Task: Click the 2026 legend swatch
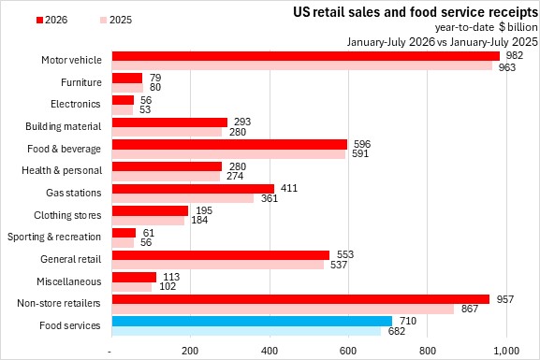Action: pos(39,20)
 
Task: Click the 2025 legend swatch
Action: pos(104,20)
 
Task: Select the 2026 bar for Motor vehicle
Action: pos(306,56)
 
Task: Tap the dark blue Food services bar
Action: pos(252,321)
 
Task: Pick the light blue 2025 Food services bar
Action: pos(246,331)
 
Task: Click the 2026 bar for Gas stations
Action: pos(193,189)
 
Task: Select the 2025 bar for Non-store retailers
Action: pos(283,309)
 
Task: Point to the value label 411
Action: pos(289,188)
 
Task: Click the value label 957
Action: pos(504,299)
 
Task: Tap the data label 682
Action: pos(397,331)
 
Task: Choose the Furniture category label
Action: pos(81,82)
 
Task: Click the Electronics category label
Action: pos(76,104)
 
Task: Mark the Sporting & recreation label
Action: pos(54,237)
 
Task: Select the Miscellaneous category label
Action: pos(69,281)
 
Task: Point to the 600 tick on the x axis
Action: pos(348,351)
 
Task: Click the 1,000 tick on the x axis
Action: pos(506,351)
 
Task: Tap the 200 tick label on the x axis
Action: pos(190,351)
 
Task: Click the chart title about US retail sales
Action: pos(416,12)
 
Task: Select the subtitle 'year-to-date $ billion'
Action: pos(486,27)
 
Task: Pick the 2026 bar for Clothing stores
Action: pos(150,211)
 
